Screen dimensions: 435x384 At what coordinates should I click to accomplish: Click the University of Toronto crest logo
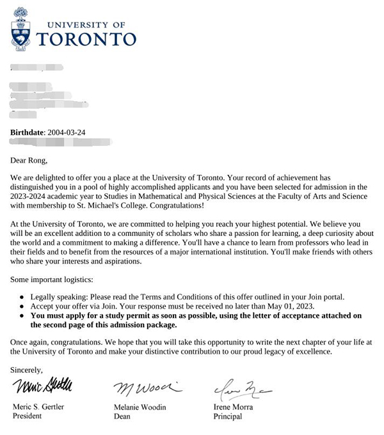tap(22, 29)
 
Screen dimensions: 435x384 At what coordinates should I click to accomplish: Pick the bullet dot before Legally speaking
tap(23, 296)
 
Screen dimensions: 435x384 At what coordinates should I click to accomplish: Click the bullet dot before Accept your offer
tap(23, 306)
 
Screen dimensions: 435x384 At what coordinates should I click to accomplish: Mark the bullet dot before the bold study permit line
tap(23, 315)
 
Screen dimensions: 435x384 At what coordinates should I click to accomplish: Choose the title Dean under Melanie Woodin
tap(122, 416)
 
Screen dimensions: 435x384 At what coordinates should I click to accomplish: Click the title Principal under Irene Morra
tap(228, 416)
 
